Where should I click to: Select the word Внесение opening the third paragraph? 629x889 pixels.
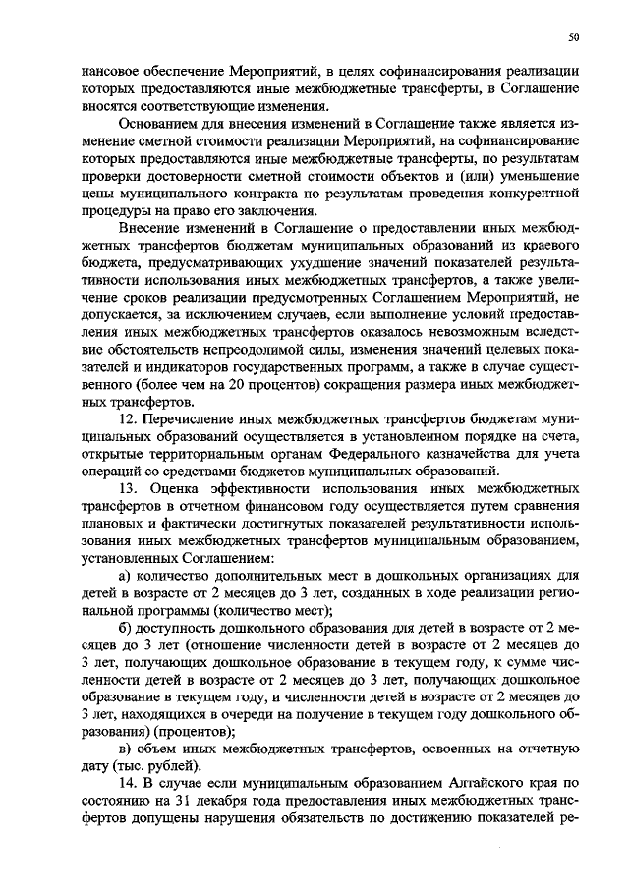(150, 228)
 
